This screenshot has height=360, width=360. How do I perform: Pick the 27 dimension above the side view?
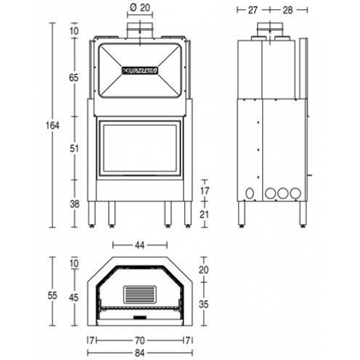[x=252, y=10]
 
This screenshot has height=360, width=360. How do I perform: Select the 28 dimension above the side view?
[x=287, y=10]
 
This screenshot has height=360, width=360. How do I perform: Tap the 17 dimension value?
[x=204, y=190]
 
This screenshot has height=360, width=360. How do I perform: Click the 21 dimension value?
[x=204, y=214]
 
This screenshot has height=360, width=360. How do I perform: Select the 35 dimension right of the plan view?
[x=204, y=305]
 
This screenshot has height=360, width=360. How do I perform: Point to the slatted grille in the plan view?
[x=140, y=294]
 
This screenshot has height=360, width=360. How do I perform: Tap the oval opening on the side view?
[x=249, y=193]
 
